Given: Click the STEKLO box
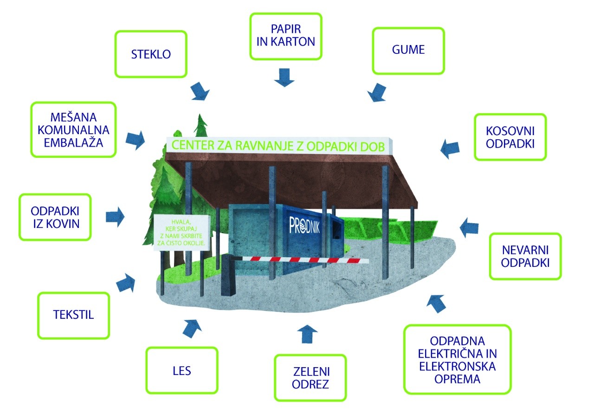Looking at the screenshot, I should click(150, 54).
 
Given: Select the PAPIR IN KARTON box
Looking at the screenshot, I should click(285, 36).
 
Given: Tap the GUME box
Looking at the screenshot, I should click(408, 50).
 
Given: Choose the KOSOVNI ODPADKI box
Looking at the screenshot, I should click(510, 137).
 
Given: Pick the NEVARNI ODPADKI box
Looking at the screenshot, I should click(525, 256).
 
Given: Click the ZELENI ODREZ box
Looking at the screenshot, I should click(310, 378).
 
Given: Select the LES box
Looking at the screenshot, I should click(181, 370).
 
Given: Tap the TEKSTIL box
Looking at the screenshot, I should click(74, 315).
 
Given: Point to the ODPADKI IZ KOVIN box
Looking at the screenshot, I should click(55, 217).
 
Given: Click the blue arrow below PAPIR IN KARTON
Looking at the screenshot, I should click(284, 77).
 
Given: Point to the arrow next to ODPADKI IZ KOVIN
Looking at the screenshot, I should click(116, 217).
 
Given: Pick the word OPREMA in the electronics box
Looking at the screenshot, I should click(457, 378).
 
